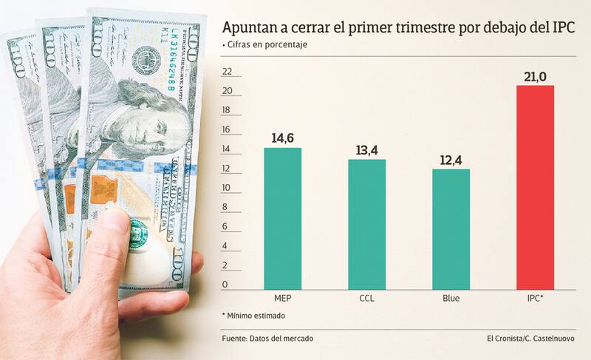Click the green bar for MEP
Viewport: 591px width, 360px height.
283,218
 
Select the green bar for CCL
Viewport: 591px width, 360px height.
367,224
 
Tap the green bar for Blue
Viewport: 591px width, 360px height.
451,228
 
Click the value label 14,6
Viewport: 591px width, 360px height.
283,137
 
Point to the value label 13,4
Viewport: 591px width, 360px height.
367,149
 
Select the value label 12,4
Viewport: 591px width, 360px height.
451,159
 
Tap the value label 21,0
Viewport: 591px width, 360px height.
535,75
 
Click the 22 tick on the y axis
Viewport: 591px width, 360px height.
227,72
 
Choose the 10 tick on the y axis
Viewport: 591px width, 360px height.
227,187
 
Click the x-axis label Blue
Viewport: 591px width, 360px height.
451,299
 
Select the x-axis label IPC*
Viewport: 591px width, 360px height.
535,299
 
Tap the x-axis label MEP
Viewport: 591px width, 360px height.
283,299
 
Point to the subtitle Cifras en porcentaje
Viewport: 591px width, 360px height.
266,45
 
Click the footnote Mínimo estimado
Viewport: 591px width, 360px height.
255,316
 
